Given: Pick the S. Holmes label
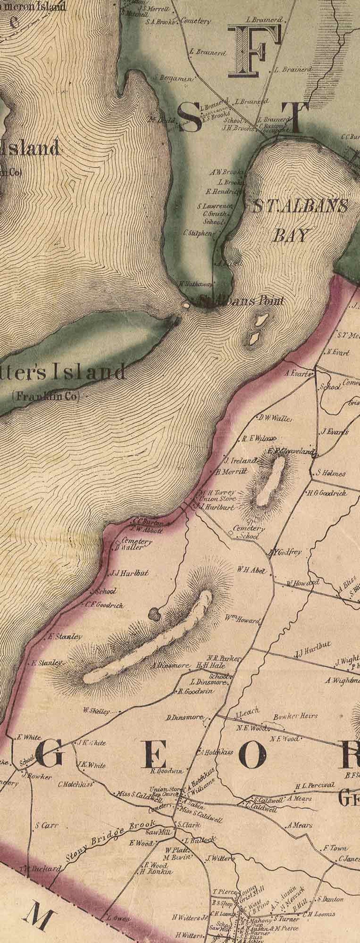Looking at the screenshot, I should tap(330, 473).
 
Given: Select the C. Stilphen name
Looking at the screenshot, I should tap(197, 233).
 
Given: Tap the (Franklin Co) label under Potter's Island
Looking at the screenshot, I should tap(46, 396).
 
